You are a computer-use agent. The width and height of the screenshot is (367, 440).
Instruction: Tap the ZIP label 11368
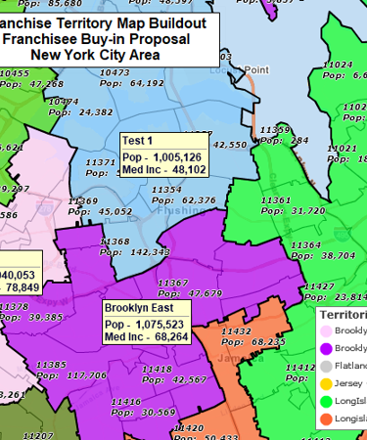click(115, 241)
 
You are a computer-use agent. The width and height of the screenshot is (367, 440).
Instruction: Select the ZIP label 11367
click(174, 282)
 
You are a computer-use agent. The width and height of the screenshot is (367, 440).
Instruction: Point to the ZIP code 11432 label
click(237, 331)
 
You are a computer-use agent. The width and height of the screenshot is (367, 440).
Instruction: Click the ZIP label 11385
click(51, 364)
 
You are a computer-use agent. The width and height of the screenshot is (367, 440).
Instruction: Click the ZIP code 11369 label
click(83, 200)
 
